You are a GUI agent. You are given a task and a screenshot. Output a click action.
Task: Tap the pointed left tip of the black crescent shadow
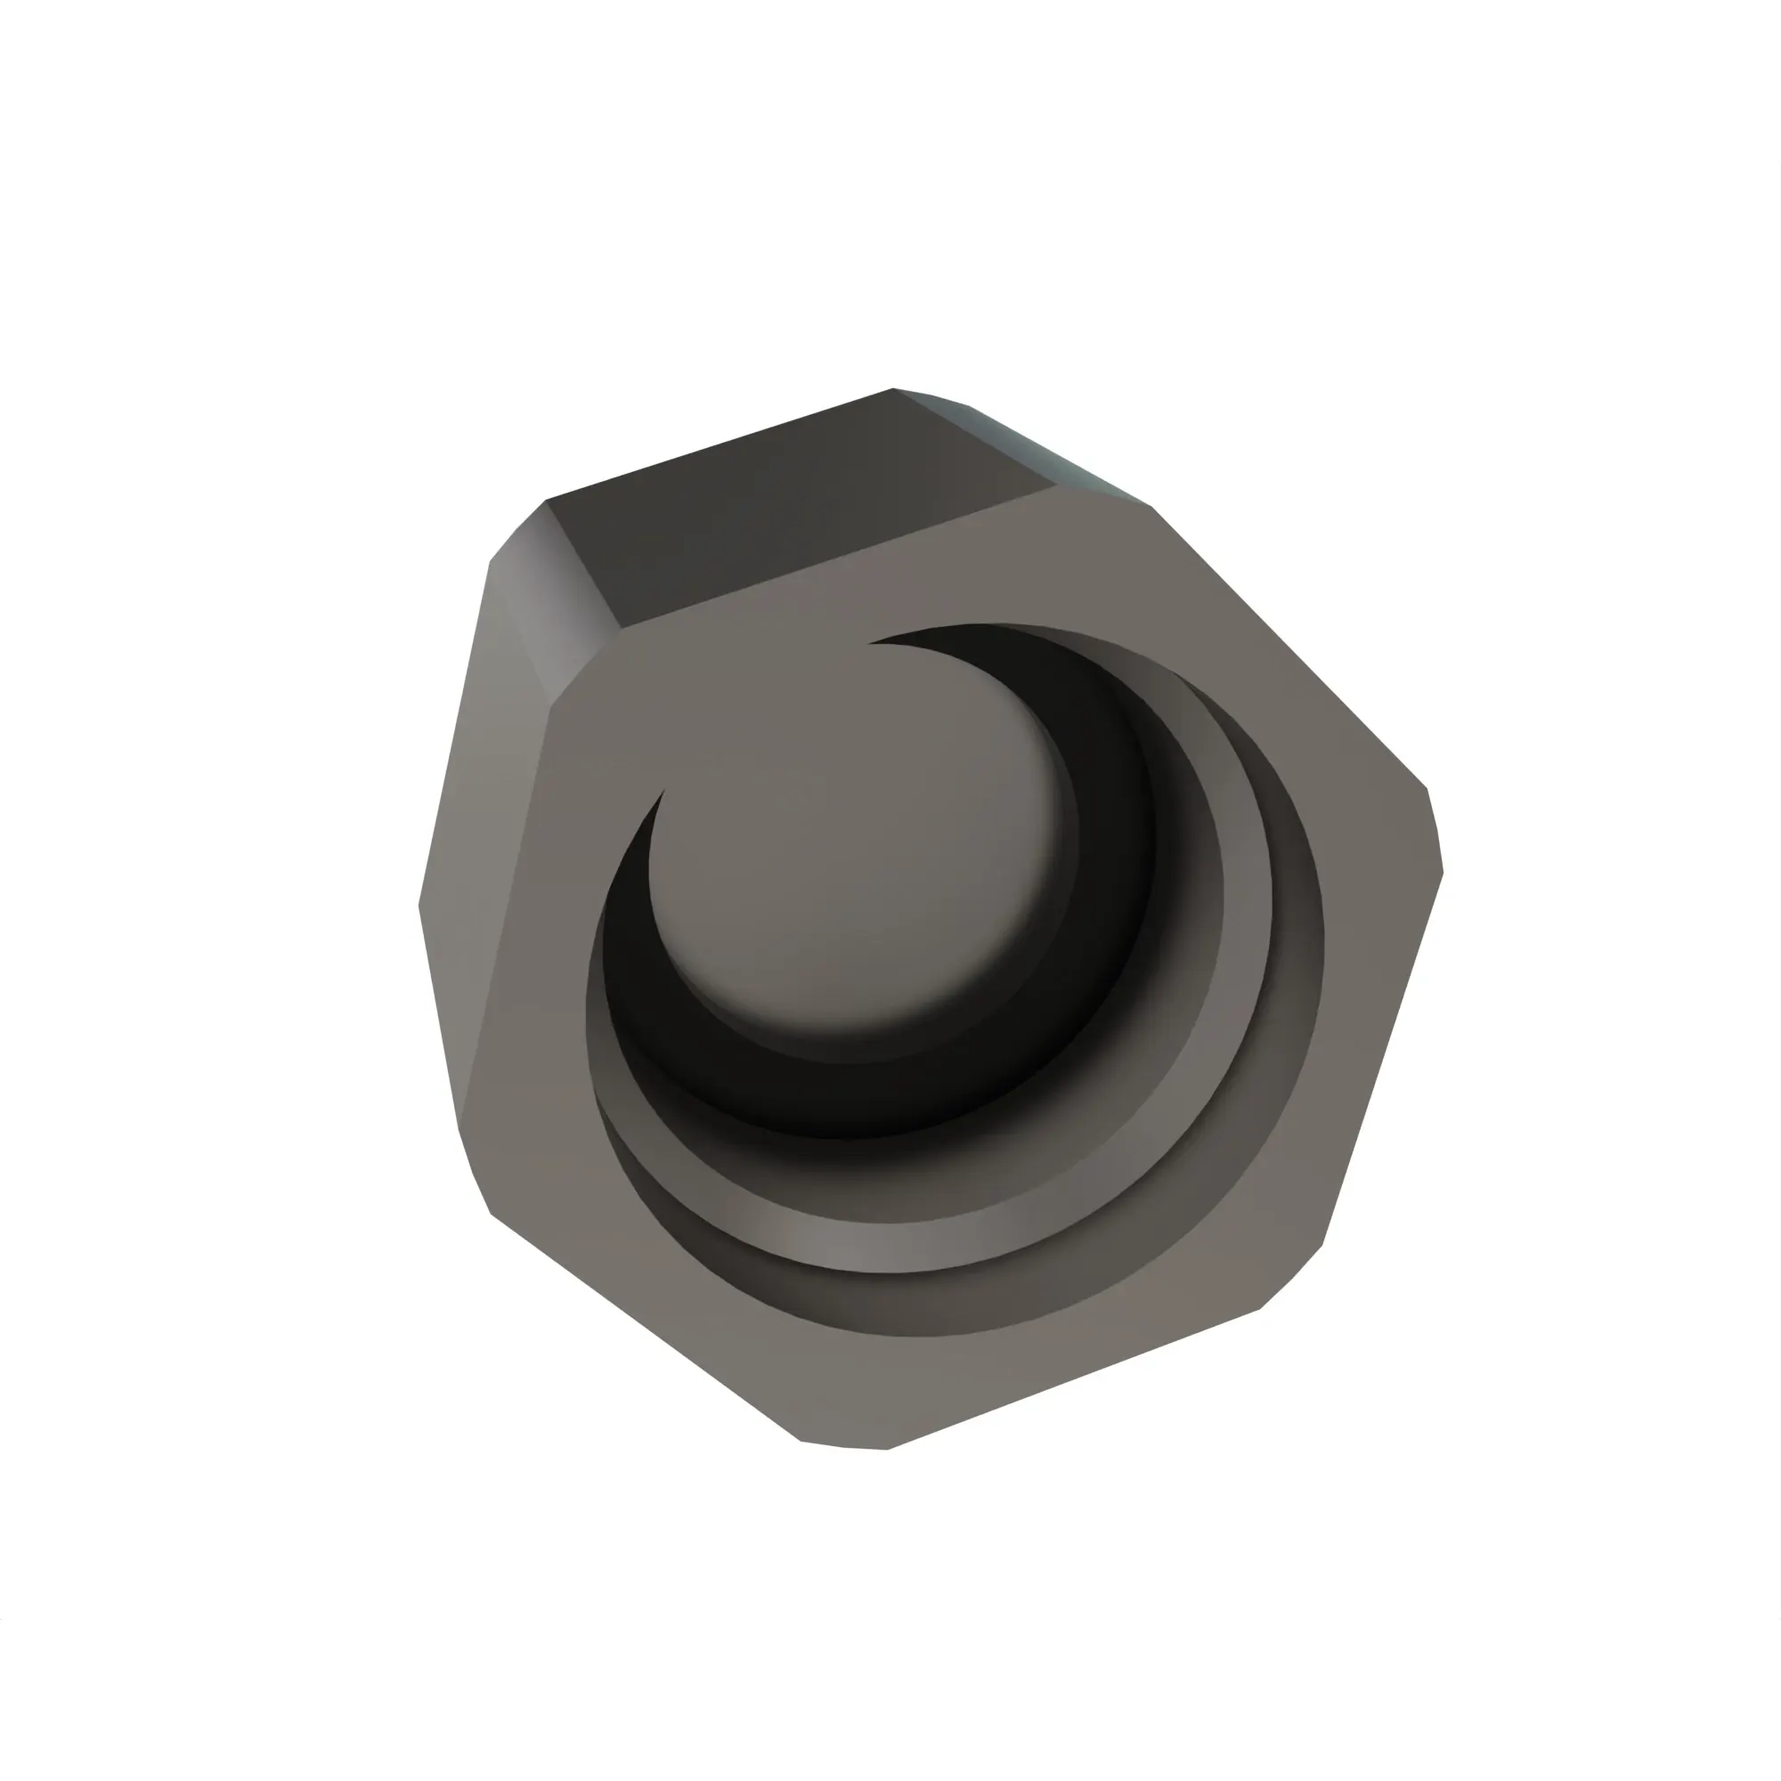tap(663, 793)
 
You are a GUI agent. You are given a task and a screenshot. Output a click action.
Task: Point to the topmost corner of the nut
tap(892, 389)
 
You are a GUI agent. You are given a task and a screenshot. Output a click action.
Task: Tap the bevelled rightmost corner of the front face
tap(1435, 830)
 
